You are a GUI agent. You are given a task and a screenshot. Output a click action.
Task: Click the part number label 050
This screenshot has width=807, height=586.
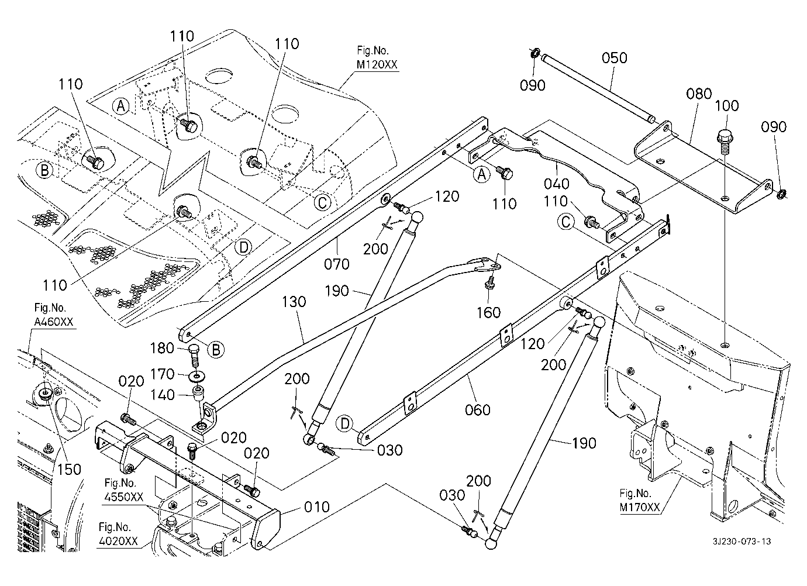tap(614, 58)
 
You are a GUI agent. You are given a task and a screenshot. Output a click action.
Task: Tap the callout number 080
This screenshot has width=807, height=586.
tap(699, 94)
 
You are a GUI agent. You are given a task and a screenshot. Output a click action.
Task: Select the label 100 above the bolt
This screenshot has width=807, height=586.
tap(727, 106)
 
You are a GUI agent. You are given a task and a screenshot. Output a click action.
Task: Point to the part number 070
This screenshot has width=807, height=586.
tap(337, 264)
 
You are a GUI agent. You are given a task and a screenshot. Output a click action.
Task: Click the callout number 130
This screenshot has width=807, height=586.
tap(294, 302)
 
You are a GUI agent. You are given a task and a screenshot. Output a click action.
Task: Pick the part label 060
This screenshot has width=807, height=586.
tap(478, 410)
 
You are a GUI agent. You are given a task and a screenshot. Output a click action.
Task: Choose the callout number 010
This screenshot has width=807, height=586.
tap(317, 506)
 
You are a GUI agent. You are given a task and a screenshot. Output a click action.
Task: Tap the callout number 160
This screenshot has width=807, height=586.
tap(488, 312)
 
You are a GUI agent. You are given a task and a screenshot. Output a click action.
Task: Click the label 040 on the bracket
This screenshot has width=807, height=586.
tap(556, 184)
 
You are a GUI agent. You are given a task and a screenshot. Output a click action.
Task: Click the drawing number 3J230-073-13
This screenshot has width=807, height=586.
tap(742, 541)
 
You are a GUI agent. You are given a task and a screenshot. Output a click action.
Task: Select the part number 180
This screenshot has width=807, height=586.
tap(163, 349)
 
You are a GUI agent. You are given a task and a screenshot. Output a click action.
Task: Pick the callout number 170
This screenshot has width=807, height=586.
tap(163, 373)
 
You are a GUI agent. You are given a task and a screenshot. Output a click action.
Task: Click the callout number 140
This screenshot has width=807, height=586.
tap(163, 395)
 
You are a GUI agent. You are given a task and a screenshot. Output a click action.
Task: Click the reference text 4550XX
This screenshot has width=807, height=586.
tap(123, 497)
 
